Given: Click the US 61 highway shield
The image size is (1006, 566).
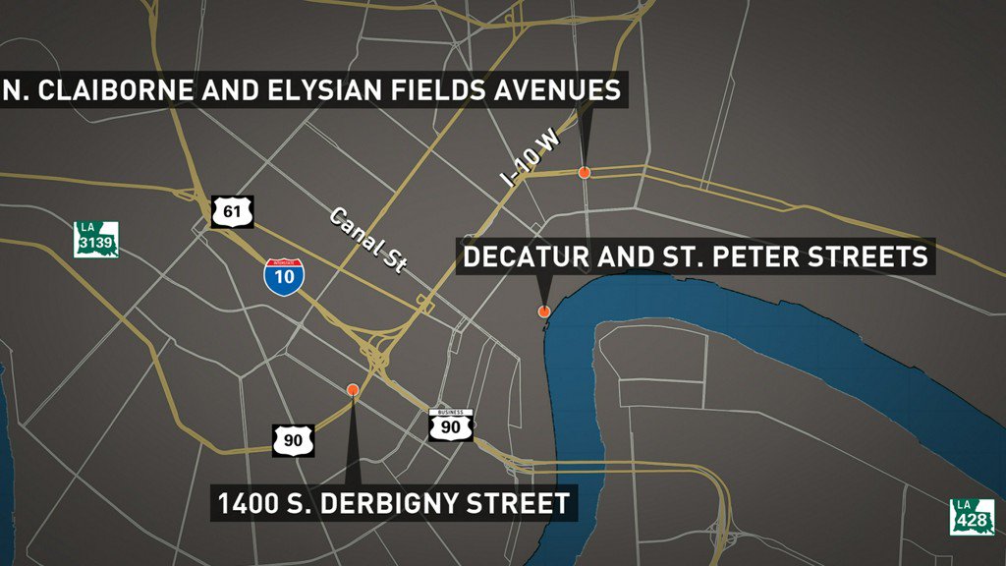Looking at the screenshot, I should [x=232, y=211].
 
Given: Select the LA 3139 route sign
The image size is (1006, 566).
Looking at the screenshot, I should [x=96, y=240].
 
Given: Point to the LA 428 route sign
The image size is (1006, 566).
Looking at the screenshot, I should [x=972, y=517].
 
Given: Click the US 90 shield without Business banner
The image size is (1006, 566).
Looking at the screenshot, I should [x=294, y=440].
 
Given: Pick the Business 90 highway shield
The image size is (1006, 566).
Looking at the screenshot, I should [x=451, y=424].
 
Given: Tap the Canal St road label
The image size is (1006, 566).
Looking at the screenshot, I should [x=367, y=241].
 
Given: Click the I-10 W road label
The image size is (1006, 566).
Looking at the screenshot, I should [x=530, y=159].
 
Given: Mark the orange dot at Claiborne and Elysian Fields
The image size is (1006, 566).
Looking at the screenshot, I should [x=584, y=173].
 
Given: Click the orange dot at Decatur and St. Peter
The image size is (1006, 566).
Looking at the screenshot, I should [x=543, y=311].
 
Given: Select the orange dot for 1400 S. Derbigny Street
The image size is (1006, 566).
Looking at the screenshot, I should [x=353, y=390].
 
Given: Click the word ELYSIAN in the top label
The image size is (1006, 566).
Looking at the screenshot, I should [x=324, y=91].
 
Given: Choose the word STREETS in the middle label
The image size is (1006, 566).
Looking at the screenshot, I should [x=869, y=257].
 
